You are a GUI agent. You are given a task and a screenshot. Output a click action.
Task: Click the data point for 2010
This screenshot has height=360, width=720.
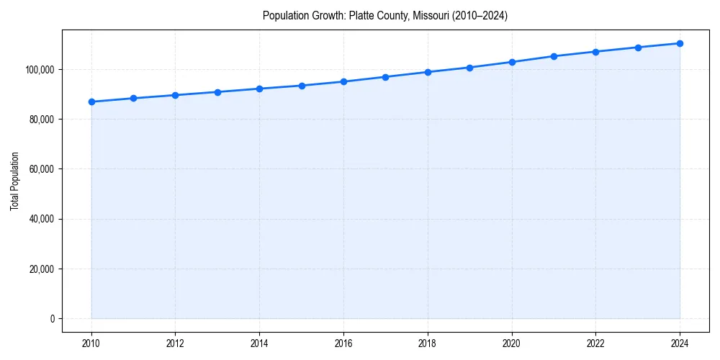point(91,102)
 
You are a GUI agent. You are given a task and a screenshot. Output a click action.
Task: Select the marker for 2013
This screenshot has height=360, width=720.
point(217,92)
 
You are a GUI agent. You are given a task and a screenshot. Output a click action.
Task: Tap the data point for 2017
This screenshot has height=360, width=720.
point(386,77)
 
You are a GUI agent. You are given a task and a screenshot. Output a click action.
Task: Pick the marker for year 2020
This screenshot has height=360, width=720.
point(512,62)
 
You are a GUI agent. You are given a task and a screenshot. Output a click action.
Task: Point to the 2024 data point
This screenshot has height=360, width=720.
point(680,43)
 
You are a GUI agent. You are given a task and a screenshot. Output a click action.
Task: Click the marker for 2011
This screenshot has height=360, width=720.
point(133,98)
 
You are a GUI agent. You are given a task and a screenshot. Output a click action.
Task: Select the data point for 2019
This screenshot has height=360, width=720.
point(469,68)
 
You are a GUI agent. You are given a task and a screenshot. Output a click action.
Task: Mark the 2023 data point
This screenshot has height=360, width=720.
point(638,48)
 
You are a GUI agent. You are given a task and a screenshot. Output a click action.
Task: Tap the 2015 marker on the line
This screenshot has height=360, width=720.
point(302,86)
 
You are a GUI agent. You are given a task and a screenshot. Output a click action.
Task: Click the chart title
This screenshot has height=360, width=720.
point(385,16)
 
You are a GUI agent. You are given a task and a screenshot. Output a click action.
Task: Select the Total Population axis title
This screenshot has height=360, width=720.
point(14,181)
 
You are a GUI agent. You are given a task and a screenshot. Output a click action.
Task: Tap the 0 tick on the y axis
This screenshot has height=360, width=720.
point(51,319)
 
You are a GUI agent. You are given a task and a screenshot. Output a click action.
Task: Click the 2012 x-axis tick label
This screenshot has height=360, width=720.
point(176,344)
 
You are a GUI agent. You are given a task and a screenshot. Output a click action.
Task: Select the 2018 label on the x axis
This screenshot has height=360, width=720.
point(428,344)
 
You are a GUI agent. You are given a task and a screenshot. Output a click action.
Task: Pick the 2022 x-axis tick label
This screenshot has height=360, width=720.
point(595,344)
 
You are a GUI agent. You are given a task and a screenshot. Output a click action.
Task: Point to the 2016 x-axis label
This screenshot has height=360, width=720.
point(343,344)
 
